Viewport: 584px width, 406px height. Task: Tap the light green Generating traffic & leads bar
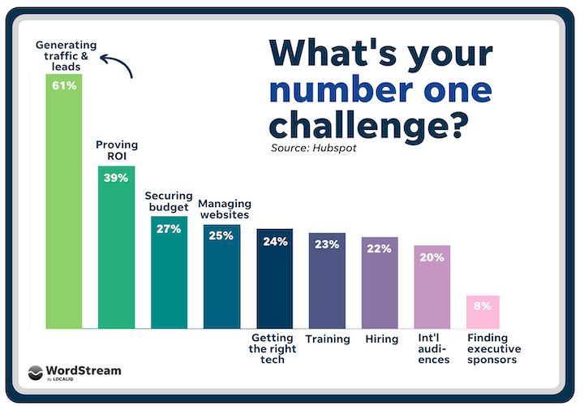pyautogui.click(x=63, y=211)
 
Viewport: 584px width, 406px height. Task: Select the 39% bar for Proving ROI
pyautogui.click(x=116, y=252)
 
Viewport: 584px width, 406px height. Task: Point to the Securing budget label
pyautogui.click(x=167, y=201)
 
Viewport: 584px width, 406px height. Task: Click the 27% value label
pyautogui.click(x=169, y=228)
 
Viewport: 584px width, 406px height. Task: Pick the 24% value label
pyautogui.click(x=275, y=241)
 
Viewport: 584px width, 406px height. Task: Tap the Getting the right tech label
pyautogui.click(x=273, y=348)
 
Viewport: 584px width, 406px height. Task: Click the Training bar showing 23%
pyautogui.click(x=327, y=284)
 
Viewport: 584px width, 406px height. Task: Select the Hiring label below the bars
pyautogui.click(x=380, y=339)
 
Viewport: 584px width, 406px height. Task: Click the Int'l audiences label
pyautogui.click(x=432, y=348)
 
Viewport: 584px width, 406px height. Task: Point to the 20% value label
pyautogui.click(x=432, y=257)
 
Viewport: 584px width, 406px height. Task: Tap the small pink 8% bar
pyautogui.click(x=482, y=313)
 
